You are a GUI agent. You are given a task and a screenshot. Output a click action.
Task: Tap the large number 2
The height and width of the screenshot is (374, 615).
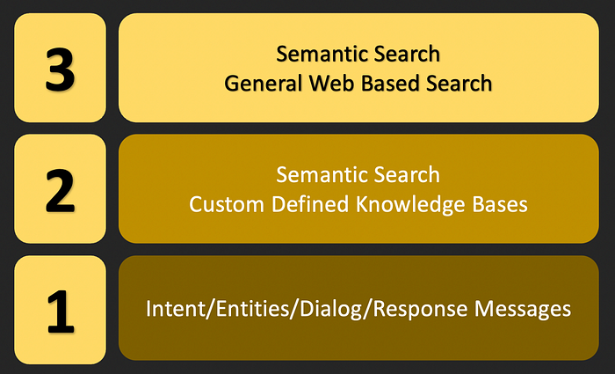61,192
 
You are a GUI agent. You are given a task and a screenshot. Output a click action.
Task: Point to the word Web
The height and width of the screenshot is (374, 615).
318,84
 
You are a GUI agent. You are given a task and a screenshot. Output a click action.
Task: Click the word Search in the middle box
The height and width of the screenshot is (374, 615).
405,174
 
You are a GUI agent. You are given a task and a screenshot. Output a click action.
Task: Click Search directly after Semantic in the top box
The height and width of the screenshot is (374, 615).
405,55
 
